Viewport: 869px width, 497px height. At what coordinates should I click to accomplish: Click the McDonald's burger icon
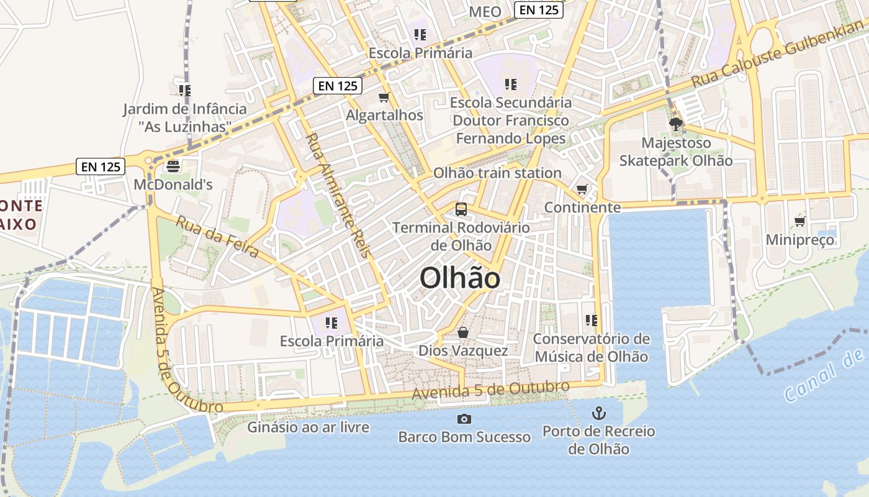click(x=173, y=166)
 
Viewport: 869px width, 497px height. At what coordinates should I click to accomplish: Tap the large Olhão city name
click(x=460, y=278)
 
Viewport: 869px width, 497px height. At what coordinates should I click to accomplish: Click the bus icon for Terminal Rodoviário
click(x=461, y=209)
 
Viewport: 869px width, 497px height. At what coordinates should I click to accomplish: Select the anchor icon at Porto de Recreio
click(x=598, y=413)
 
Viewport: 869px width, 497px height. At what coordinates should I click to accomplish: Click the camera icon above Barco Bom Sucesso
click(x=464, y=419)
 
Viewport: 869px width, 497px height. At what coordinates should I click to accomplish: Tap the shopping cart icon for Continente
click(x=582, y=189)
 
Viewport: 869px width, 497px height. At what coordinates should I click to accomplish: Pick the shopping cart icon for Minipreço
click(x=799, y=222)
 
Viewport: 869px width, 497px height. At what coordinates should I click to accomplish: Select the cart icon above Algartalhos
click(x=384, y=97)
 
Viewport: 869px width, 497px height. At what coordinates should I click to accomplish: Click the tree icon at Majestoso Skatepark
click(x=675, y=124)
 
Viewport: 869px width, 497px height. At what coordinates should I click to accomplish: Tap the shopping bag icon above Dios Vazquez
click(x=463, y=333)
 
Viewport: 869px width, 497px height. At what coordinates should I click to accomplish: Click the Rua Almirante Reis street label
click(x=338, y=195)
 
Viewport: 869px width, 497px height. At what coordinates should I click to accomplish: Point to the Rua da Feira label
click(x=217, y=237)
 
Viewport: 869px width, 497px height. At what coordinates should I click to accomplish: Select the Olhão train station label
click(x=497, y=173)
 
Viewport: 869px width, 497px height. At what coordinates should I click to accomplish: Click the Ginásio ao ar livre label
click(x=308, y=427)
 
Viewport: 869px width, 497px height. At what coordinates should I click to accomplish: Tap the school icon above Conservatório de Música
click(x=591, y=321)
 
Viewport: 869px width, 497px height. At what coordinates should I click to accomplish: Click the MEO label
click(x=485, y=12)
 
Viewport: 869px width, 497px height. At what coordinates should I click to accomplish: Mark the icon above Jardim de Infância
click(x=184, y=91)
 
